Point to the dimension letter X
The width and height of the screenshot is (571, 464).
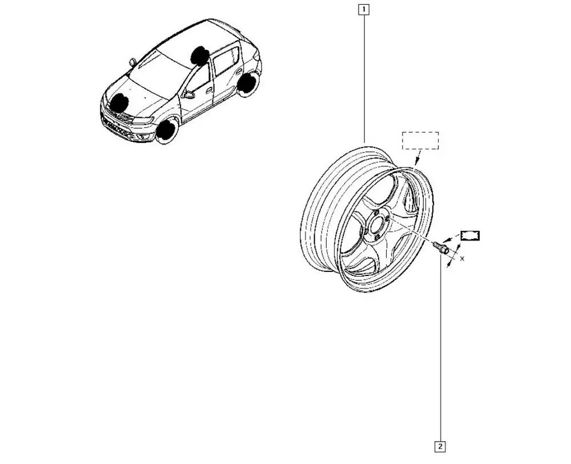coord(462,259)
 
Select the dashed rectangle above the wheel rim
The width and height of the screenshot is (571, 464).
coord(420,141)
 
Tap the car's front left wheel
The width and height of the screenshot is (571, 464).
coord(166,130)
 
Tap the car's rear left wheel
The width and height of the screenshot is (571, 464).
coord(247,83)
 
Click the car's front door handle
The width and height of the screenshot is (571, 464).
coord(210,90)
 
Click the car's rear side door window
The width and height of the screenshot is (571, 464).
coord(227,59)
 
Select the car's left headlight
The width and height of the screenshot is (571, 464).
coord(144,121)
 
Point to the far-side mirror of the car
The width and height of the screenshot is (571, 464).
coord(133,62)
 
